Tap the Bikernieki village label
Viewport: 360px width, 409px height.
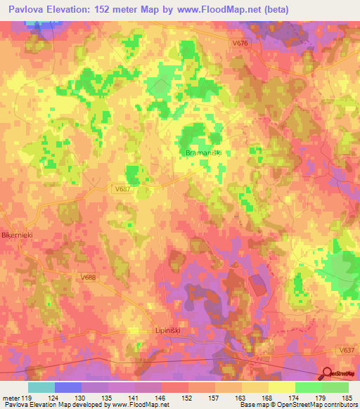tap(18, 234)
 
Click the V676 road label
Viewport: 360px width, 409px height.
tap(240, 44)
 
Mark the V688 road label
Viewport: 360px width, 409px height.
tap(89, 279)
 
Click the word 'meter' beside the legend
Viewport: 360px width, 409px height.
tap(12, 398)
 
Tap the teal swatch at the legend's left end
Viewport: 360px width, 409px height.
tap(41, 387)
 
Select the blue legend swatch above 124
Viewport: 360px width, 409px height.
tap(67, 387)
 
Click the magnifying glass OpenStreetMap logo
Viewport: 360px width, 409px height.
tap(326, 372)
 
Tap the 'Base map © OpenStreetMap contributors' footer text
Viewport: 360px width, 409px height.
tap(298, 405)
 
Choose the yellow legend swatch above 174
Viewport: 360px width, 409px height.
tap(282, 387)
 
